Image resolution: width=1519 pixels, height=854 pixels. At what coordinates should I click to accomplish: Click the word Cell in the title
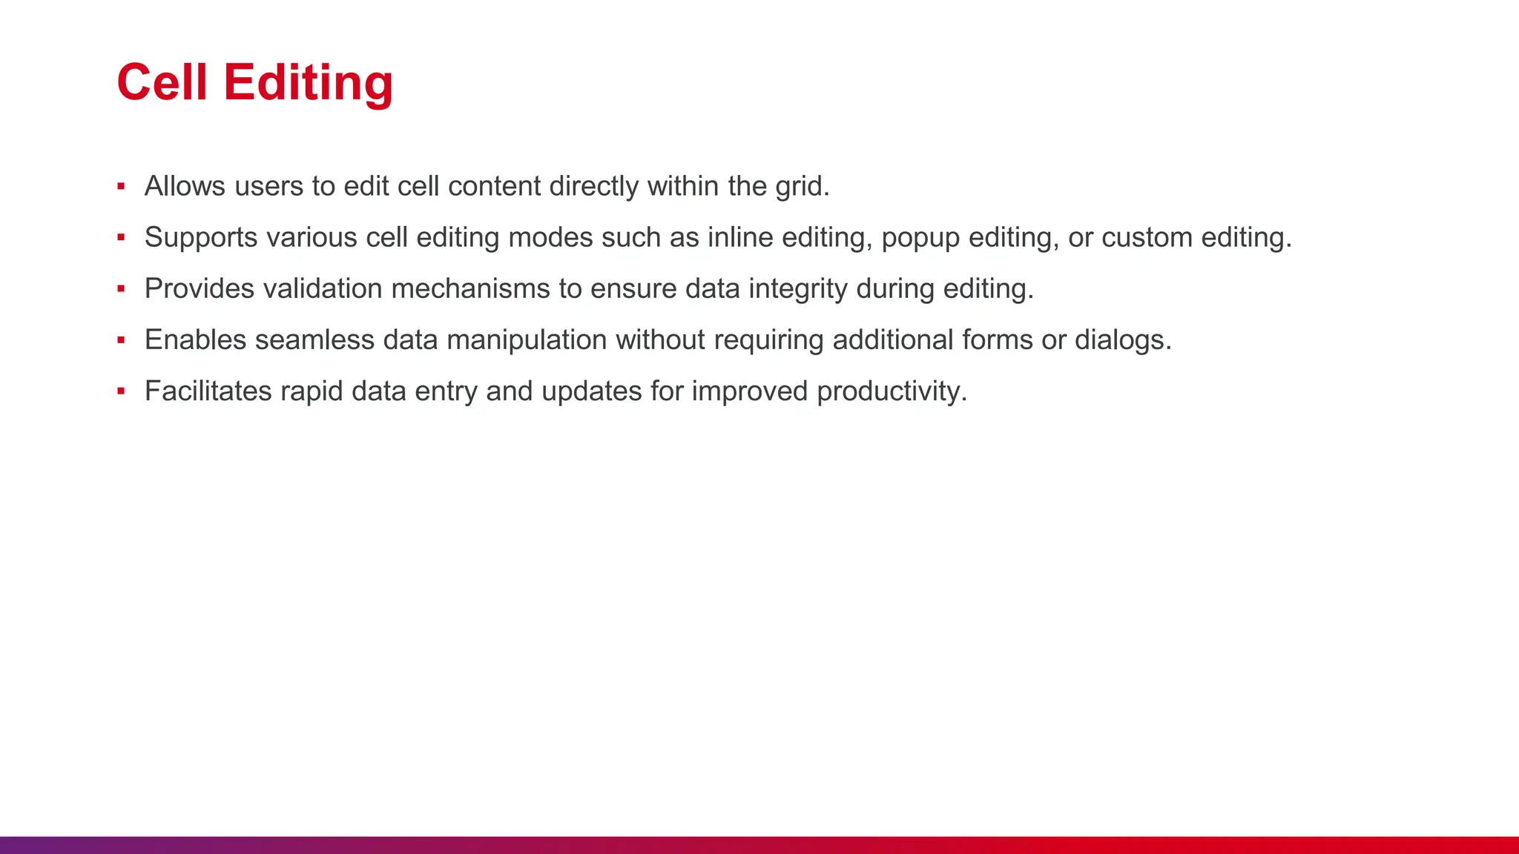(162, 82)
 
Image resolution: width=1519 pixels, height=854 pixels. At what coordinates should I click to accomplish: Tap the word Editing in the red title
(308, 84)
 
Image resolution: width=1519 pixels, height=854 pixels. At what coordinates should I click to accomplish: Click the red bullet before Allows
(121, 187)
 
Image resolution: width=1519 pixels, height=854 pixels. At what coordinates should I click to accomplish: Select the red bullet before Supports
(121, 238)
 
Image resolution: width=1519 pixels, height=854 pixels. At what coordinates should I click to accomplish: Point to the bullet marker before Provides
(121, 289)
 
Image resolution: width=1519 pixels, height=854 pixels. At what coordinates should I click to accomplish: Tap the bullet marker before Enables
(121, 340)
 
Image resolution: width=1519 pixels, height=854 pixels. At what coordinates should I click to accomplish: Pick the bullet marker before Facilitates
(121, 391)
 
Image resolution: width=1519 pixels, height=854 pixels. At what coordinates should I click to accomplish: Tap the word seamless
(315, 340)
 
